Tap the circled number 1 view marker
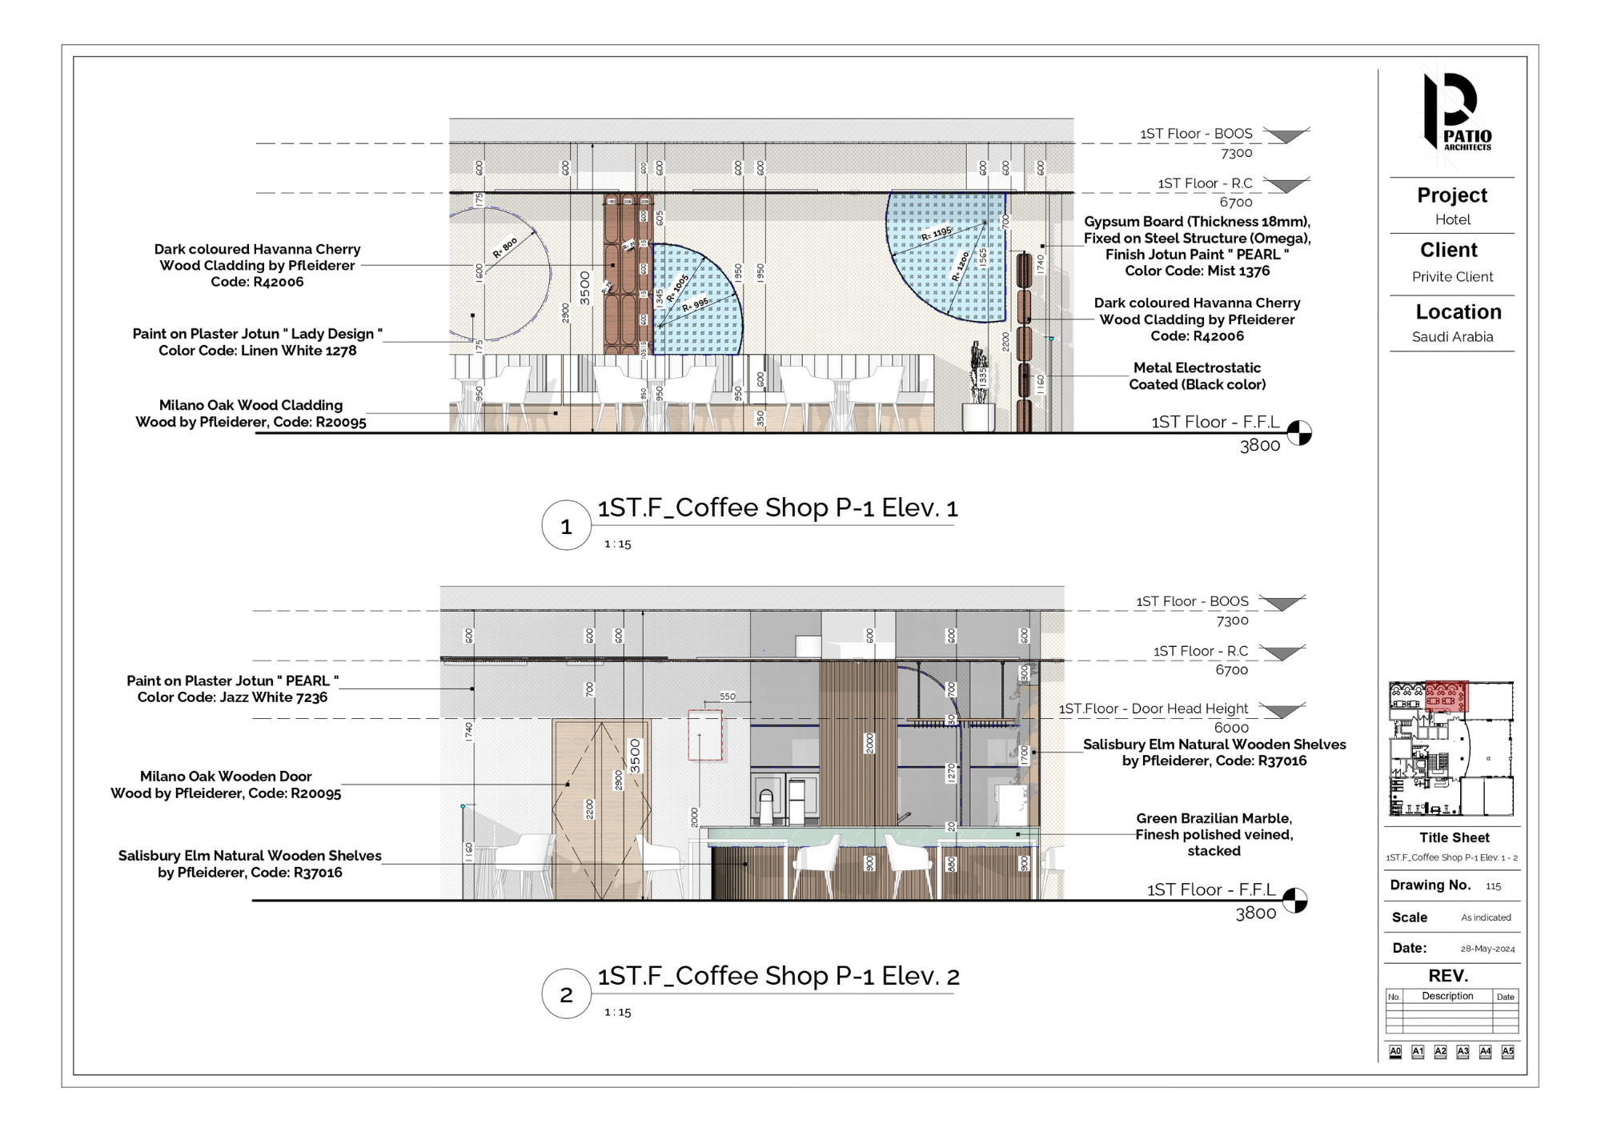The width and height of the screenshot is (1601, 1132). [x=566, y=526]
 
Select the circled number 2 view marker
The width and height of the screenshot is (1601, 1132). [x=566, y=994]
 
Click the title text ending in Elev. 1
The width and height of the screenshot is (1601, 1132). [x=777, y=508]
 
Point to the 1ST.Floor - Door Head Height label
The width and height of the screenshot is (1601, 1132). [x=1153, y=709]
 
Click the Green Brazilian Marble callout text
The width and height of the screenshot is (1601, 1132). [x=1214, y=834]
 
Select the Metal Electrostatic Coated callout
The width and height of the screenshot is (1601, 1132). [x=1197, y=376]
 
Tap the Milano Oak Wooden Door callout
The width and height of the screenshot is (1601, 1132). [x=226, y=785]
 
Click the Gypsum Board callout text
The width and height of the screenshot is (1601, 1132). [x=1197, y=246]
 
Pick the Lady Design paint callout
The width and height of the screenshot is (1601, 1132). [x=257, y=342]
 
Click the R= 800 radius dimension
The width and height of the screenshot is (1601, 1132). [x=505, y=247]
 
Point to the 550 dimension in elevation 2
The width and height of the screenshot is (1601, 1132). [x=727, y=696]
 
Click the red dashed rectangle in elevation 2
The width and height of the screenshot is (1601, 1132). [x=705, y=735]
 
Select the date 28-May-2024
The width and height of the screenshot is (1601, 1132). [x=1487, y=949]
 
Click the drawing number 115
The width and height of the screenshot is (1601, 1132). [x=1493, y=886]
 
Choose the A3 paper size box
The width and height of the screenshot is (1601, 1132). [x=1463, y=1051]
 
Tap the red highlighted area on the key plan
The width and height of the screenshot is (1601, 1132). [x=1447, y=696]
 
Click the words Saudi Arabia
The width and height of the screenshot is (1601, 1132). [x=1452, y=337]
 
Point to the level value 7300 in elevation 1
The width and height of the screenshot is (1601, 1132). [x=1236, y=153]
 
